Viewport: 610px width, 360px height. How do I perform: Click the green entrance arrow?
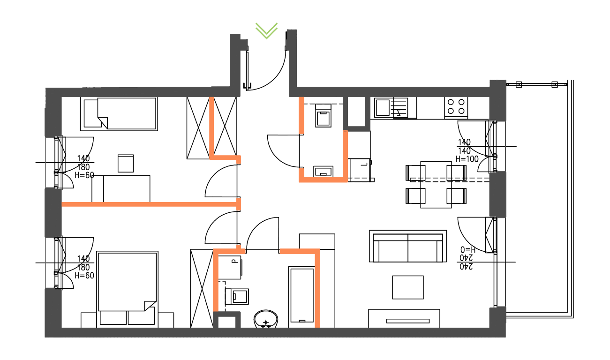click(x=266, y=30)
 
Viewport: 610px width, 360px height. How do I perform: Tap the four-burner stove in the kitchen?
click(x=456, y=106)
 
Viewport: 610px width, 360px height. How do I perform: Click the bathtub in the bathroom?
click(x=301, y=295)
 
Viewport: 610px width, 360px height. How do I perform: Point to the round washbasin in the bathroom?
click(x=266, y=320)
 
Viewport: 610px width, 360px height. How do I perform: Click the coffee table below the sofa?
click(x=407, y=287)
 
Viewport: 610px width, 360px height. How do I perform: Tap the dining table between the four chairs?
click(x=436, y=184)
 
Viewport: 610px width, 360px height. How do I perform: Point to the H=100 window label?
click(x=467, y=159)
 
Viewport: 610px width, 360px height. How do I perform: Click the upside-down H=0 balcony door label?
click(x=468, y=249)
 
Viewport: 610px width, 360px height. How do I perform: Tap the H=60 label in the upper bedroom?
click(x=85, y=175)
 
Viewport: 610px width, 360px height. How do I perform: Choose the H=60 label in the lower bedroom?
click(x=85, y=276)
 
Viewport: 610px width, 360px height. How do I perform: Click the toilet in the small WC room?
click(x=324, y=116)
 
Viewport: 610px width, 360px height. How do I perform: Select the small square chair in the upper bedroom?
click(x=126, y=164)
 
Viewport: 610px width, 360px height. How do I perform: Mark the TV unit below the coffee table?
click(x=404, y=319)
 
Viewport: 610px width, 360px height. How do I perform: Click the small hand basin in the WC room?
click(x=324, y=171)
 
